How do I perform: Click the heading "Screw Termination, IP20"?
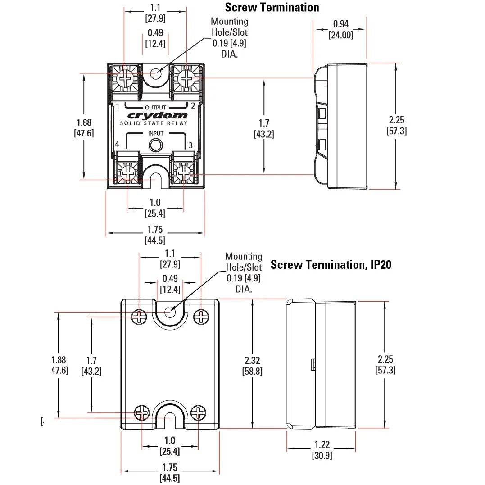[x=331, y=264]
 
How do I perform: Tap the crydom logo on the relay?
[x=155, y=115]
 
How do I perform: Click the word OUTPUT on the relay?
[x=155, y=107]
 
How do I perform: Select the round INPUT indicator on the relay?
[x=156, y=145]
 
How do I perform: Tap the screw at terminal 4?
[x=128, y=173]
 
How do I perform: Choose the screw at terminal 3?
[x=183, y=173]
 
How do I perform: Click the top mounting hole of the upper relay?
[x=156, y=73]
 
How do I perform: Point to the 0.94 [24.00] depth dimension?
[x=340, y=29]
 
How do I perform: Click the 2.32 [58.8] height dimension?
[x=252, y=366]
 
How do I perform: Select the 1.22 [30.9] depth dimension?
[x=322, y=450]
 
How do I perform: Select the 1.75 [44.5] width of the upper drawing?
[x=155, y=235]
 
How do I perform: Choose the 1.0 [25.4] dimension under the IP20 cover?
[x=170, y=446]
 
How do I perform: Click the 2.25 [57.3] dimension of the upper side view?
[x=397, y=125]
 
